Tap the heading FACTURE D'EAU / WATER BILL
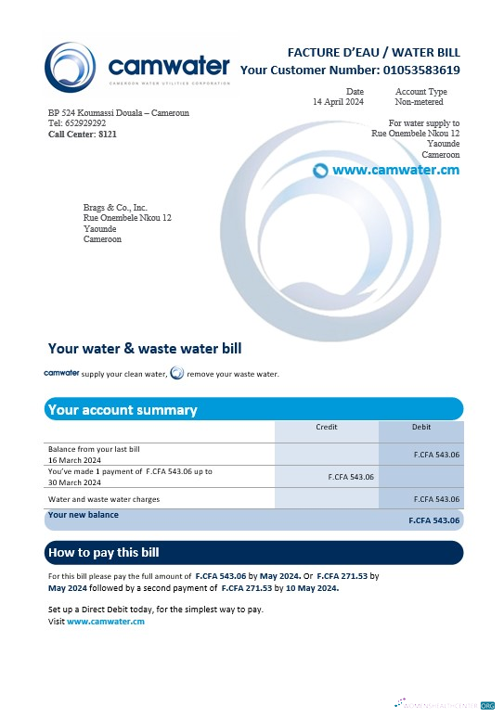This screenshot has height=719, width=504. click(373, 52)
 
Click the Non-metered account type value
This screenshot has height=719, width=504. click(420, 101)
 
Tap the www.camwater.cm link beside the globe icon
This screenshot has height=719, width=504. click(395, 171)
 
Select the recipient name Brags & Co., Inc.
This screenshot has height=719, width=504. click(115, 208)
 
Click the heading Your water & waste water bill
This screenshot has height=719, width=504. click(145, 349)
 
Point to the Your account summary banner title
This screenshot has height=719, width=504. click(122, 409)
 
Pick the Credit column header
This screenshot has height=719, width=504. click(327, 427)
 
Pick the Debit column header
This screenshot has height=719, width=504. click(421, 427)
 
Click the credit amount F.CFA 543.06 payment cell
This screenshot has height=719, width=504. click(352, 476)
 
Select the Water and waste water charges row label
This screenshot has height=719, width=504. click(104, 499)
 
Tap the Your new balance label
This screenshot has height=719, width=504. click(84, 515)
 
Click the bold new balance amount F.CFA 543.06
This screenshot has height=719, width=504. click(434, 520)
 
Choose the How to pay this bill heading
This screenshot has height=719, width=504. click(103, 553)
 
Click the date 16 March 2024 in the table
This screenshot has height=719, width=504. click(74, 459)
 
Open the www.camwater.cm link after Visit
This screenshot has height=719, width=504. click(106, 621)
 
